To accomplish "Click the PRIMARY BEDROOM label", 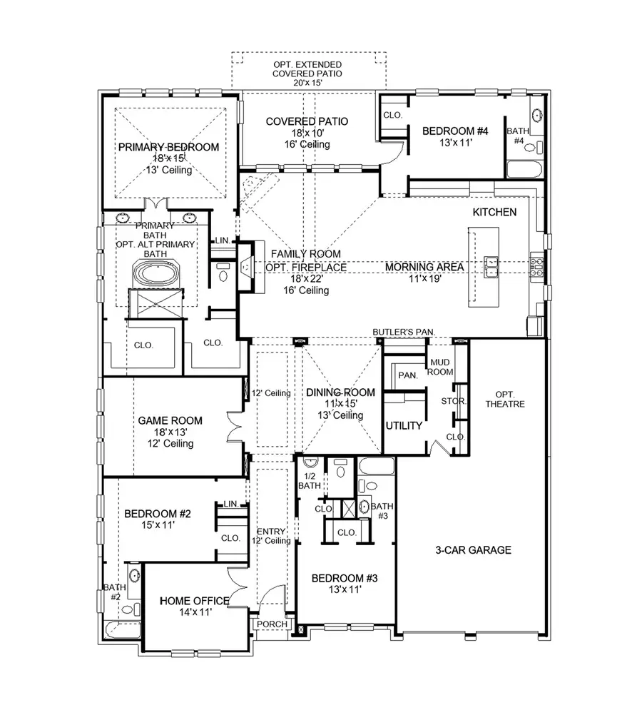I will (168, 147).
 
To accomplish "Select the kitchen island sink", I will (491, 265).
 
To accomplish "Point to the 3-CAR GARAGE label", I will (474, 550).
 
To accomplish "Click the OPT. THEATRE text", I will (509, 399).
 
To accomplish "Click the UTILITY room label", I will (404, 425).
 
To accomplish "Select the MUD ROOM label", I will (440, 367).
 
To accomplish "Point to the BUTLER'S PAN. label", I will (404, 333).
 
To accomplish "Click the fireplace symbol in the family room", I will (247, 268).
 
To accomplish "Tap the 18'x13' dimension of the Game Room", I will (170, 432).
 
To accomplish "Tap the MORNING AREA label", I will (425, 267).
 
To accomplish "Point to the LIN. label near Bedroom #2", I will (230, 504).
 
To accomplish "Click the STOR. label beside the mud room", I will (454, 402).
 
